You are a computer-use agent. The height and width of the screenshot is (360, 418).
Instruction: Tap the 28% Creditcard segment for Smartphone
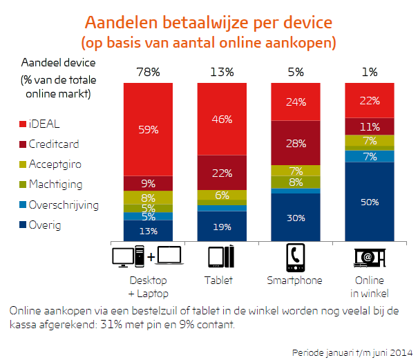(296, 142)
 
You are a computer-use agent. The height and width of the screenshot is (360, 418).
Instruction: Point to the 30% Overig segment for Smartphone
(296, 217)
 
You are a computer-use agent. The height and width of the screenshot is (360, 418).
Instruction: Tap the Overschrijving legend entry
(59, 205)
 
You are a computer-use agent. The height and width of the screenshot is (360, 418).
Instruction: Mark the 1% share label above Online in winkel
(370, 72)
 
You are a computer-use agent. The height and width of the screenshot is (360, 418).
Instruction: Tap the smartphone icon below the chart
(296, 258)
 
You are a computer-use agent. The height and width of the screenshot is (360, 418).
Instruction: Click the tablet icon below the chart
(222, 258)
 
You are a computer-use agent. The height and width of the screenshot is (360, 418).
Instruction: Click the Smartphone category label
(296, 281)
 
